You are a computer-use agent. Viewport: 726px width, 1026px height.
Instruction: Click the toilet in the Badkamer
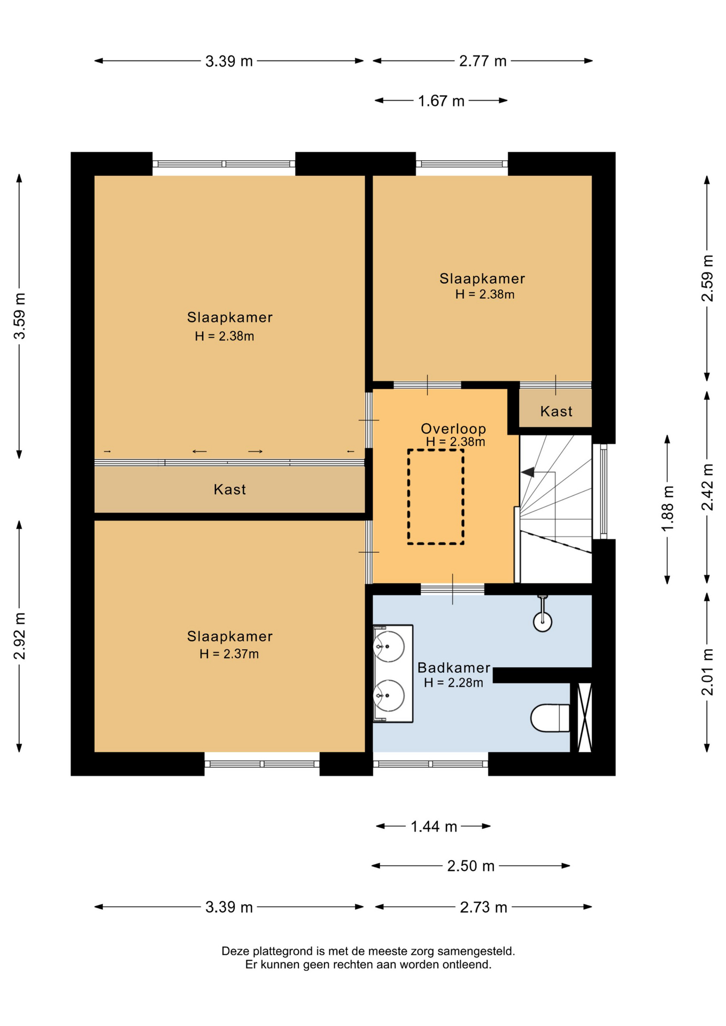pyautogui.click(x=550, y=718)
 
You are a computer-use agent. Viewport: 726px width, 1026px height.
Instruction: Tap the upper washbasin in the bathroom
pyautogui.click(x=389, y=647)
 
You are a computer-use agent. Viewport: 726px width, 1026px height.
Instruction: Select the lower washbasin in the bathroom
pyautogui.click(x=389, y=695)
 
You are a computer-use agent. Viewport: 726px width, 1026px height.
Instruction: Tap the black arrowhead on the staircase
pyautogui.click(x=528, y=472)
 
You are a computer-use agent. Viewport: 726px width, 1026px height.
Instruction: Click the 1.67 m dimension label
pyautogui.click(x=441, y=101)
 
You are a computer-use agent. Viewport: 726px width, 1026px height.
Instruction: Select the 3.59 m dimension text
pyautogui.click(x=20, y=316)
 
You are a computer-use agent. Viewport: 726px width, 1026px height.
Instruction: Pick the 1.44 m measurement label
pyautogui.click(x=434, y=827)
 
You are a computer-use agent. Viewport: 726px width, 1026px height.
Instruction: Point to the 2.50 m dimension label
pyautogui.click(x=470, y=866)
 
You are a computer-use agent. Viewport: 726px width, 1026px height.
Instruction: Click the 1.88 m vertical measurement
pyautogui.click(x=668, y=508)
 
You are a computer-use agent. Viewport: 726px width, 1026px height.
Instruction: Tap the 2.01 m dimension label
pyautogui.click(x=707, y=672)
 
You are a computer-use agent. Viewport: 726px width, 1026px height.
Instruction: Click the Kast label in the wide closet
pyautogui.click(x=230, y=489)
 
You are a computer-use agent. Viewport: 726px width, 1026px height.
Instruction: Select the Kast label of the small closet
pyautogui.click(x=556, y=411)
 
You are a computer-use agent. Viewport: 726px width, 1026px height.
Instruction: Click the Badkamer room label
pyautogui.click(x=454, y=667)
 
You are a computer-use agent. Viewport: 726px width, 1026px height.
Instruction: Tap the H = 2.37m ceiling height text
pyautogui.click(x=229, y=654)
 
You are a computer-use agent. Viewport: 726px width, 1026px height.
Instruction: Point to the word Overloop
pyautogui.click(x=453, y=429)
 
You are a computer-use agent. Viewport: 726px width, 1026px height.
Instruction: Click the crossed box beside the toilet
pyautogui.click(x=585, y=717)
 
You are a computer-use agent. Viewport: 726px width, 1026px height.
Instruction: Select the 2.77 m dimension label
pyautogui.click(x=483, y=61)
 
